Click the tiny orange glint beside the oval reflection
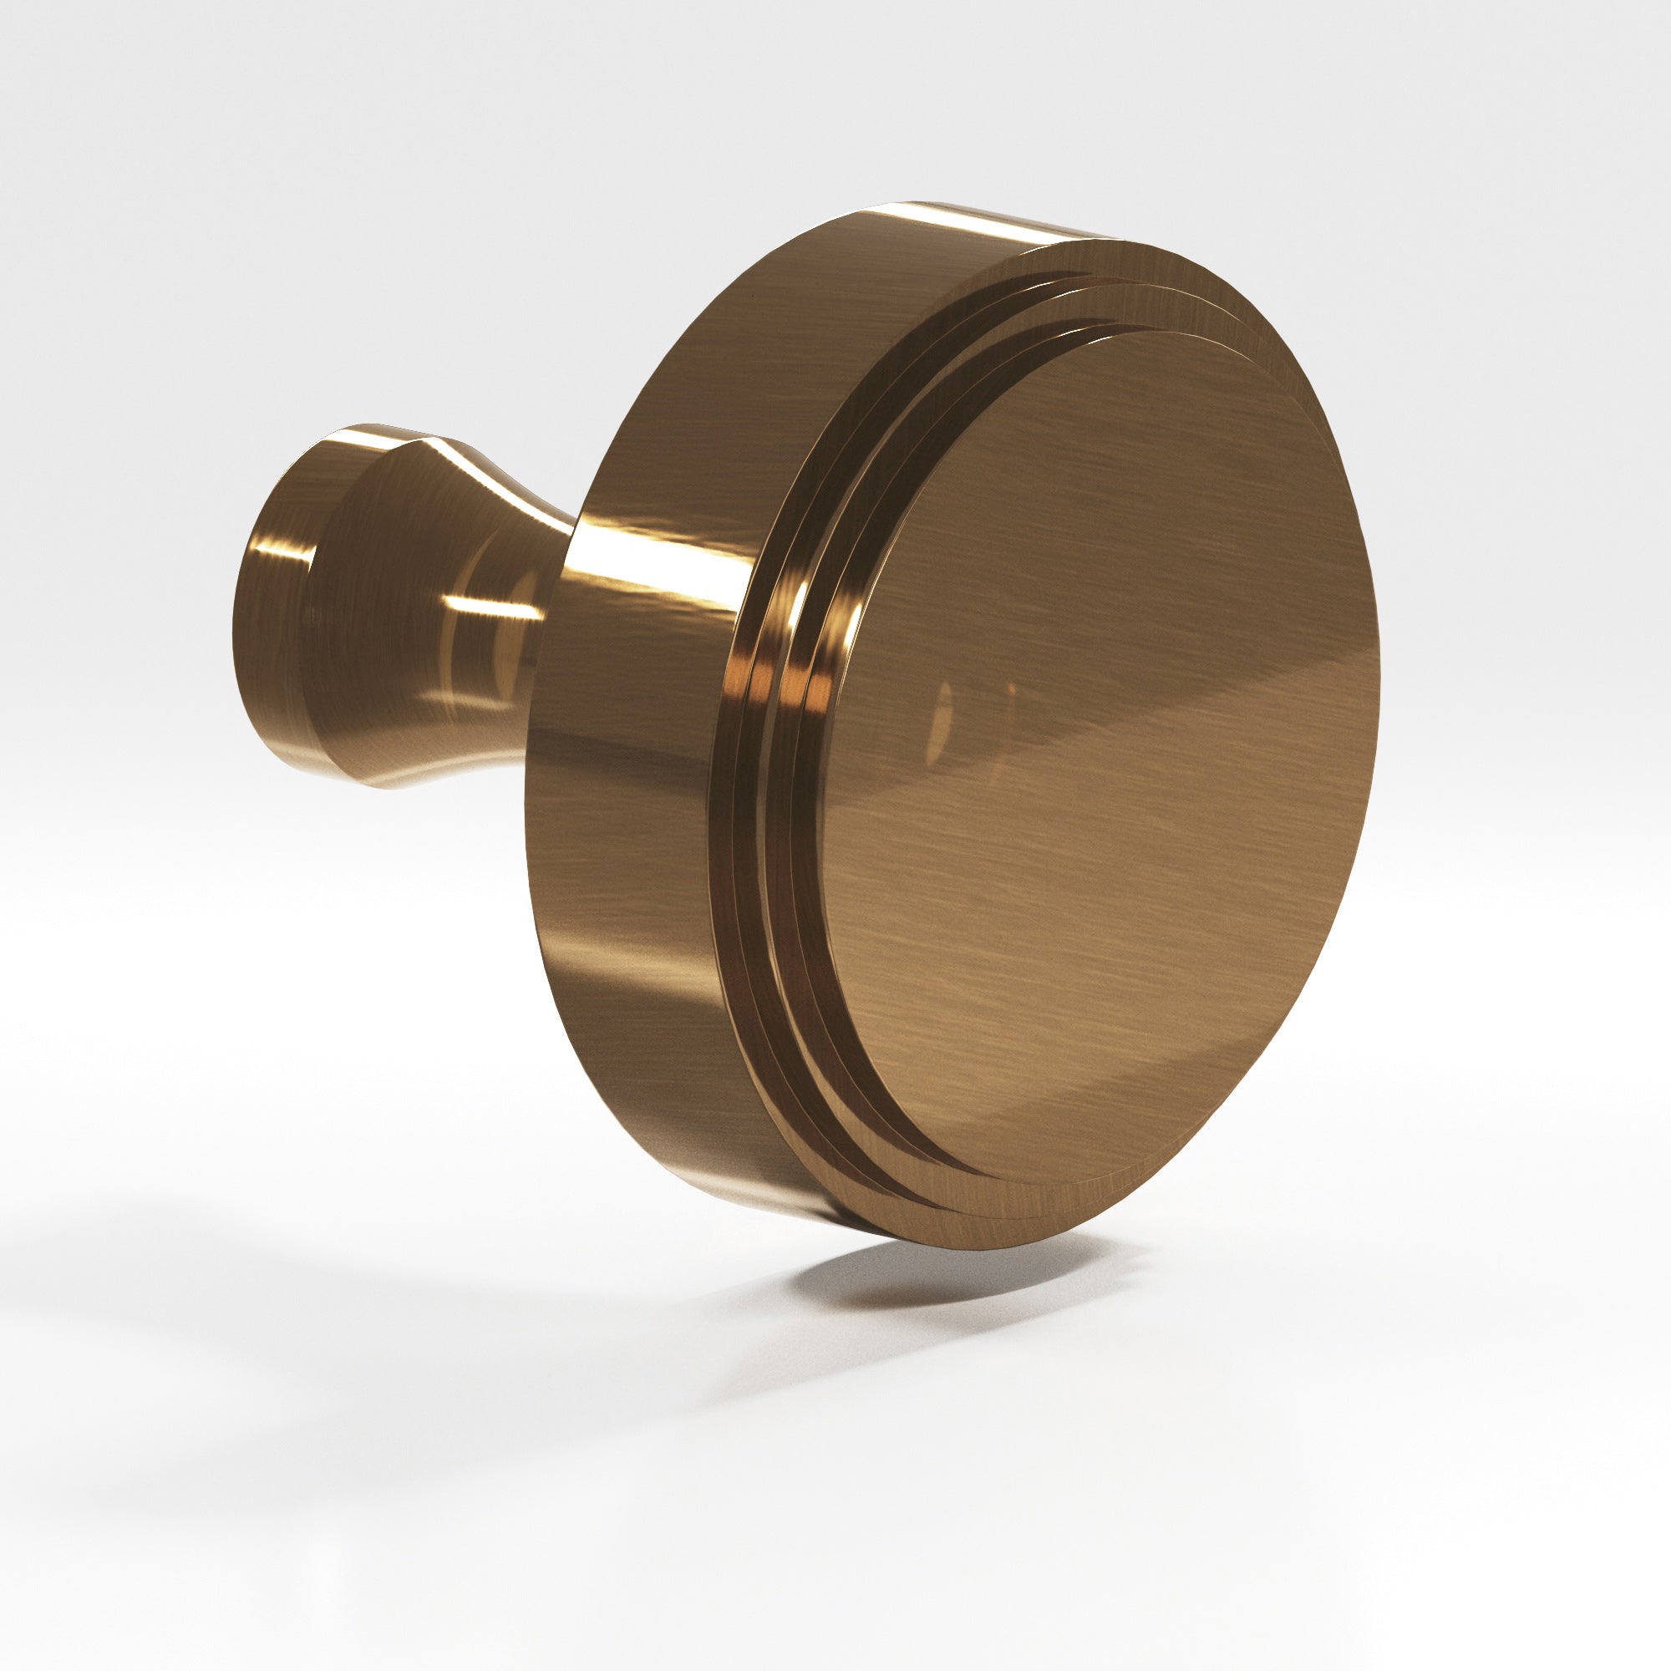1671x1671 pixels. point(1010,692)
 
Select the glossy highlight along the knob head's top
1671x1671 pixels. point(952,216)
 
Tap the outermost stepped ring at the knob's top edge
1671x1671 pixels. point(1125,251)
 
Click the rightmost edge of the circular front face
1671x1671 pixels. point(1379,683)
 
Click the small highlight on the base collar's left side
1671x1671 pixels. point(260,554)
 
